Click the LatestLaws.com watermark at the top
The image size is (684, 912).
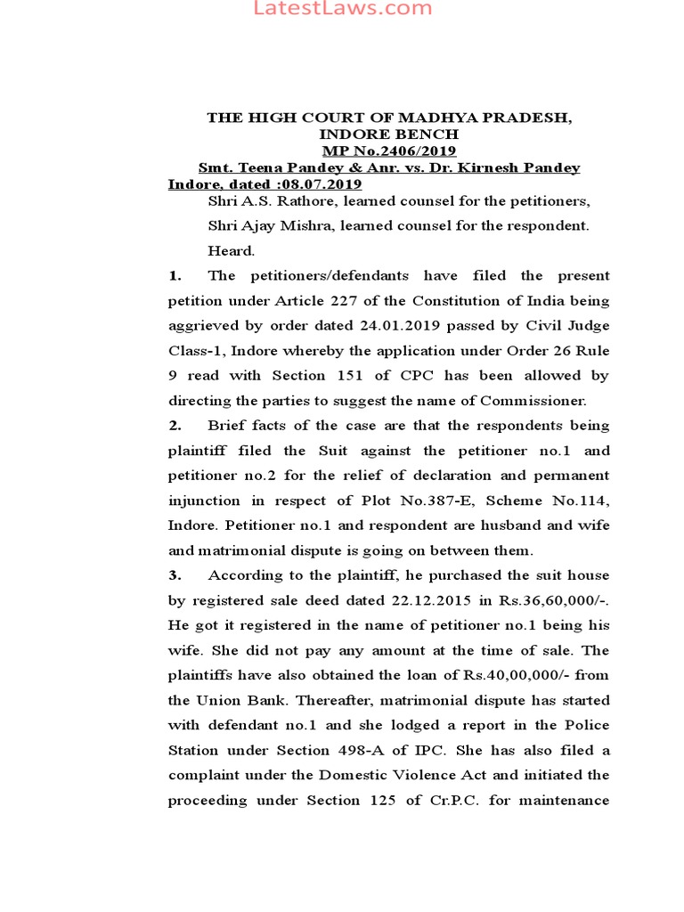point(343,9)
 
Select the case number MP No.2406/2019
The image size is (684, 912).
point(389,151)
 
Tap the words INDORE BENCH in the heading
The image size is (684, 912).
point(389,134)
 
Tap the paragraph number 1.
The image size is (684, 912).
point(174,276)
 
